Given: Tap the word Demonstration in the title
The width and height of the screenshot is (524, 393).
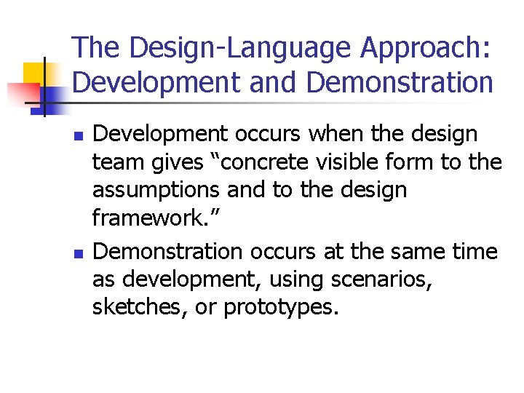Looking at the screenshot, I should pos(400,83).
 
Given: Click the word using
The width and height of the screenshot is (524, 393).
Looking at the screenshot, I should pos(294,279).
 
